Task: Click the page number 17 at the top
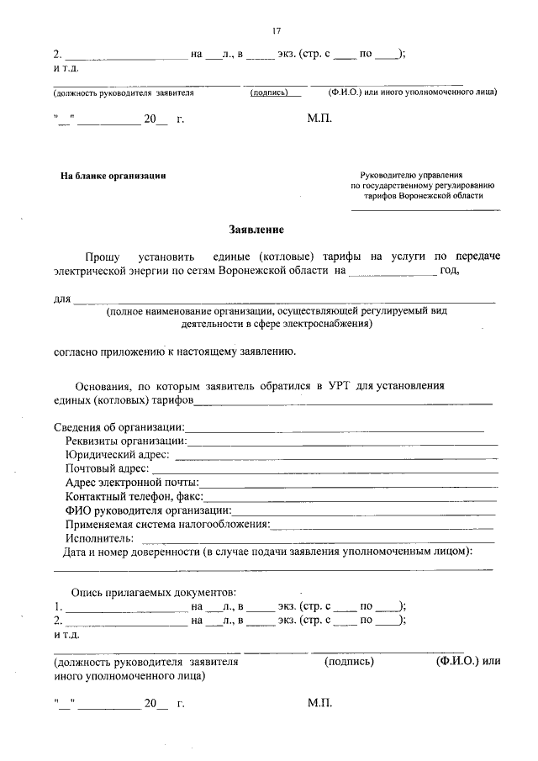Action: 276,31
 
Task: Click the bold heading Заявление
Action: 257,230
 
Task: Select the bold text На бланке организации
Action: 113,176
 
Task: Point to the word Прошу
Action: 102,256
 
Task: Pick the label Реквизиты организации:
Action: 126,441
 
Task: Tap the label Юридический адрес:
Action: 117,455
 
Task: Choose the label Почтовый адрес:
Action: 108,468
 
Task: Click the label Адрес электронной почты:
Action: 132,483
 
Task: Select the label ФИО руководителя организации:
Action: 148,510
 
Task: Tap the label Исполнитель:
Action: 99,537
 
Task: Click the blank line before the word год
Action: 392,272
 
